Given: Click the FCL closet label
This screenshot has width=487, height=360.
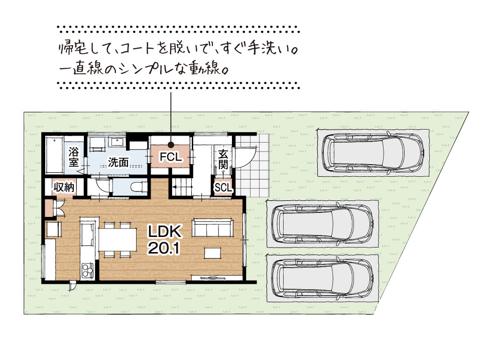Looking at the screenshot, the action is coord(171,157).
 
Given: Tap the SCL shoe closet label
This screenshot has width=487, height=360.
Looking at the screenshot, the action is coord(223,187).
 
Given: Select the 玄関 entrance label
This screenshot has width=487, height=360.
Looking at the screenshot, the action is coord(223,159).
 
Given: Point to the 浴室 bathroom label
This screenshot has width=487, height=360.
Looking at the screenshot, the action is coord(74,157).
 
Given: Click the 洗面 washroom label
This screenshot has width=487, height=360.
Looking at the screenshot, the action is coord(118,162).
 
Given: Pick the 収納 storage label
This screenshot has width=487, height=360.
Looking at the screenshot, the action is coord(64,187).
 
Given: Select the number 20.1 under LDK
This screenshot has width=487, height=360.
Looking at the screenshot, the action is coord(164,248).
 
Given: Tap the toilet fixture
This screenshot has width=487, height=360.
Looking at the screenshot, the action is coord(139,187).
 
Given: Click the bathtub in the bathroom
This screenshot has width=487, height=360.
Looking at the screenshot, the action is coord(55,155).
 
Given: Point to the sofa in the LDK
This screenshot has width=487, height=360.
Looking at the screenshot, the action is coord(213,227).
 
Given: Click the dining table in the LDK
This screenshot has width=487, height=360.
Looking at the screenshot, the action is coord(117,239).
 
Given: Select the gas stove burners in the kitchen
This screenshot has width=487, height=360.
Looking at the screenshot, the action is coord(87,270).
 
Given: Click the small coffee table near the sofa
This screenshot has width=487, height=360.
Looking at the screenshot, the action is coord(213,253).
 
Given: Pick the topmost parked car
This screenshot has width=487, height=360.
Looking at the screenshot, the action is coord(373,153).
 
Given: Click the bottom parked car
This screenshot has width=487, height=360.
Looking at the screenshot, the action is coord(322,278).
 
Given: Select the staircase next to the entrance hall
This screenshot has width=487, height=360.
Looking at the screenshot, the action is coord(182,187).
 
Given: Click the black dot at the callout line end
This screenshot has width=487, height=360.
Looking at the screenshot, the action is coord(171,145).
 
